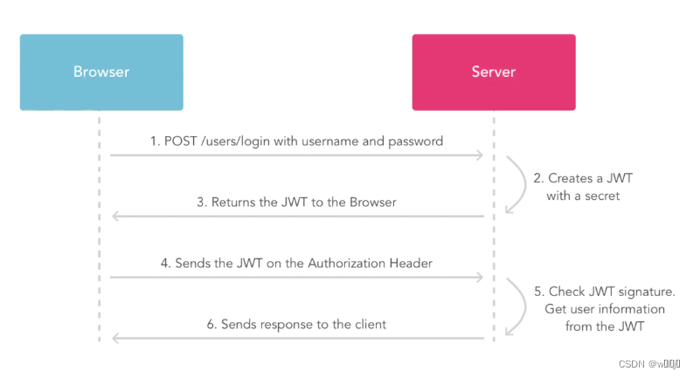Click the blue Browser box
[101, 72]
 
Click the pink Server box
[494, 72]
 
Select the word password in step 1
[417, 141]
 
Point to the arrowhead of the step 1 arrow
[479, 155]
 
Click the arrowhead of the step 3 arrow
[114, 216]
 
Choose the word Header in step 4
[411, 263]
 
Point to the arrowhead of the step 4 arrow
[479, 278]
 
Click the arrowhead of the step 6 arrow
[114, 339]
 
